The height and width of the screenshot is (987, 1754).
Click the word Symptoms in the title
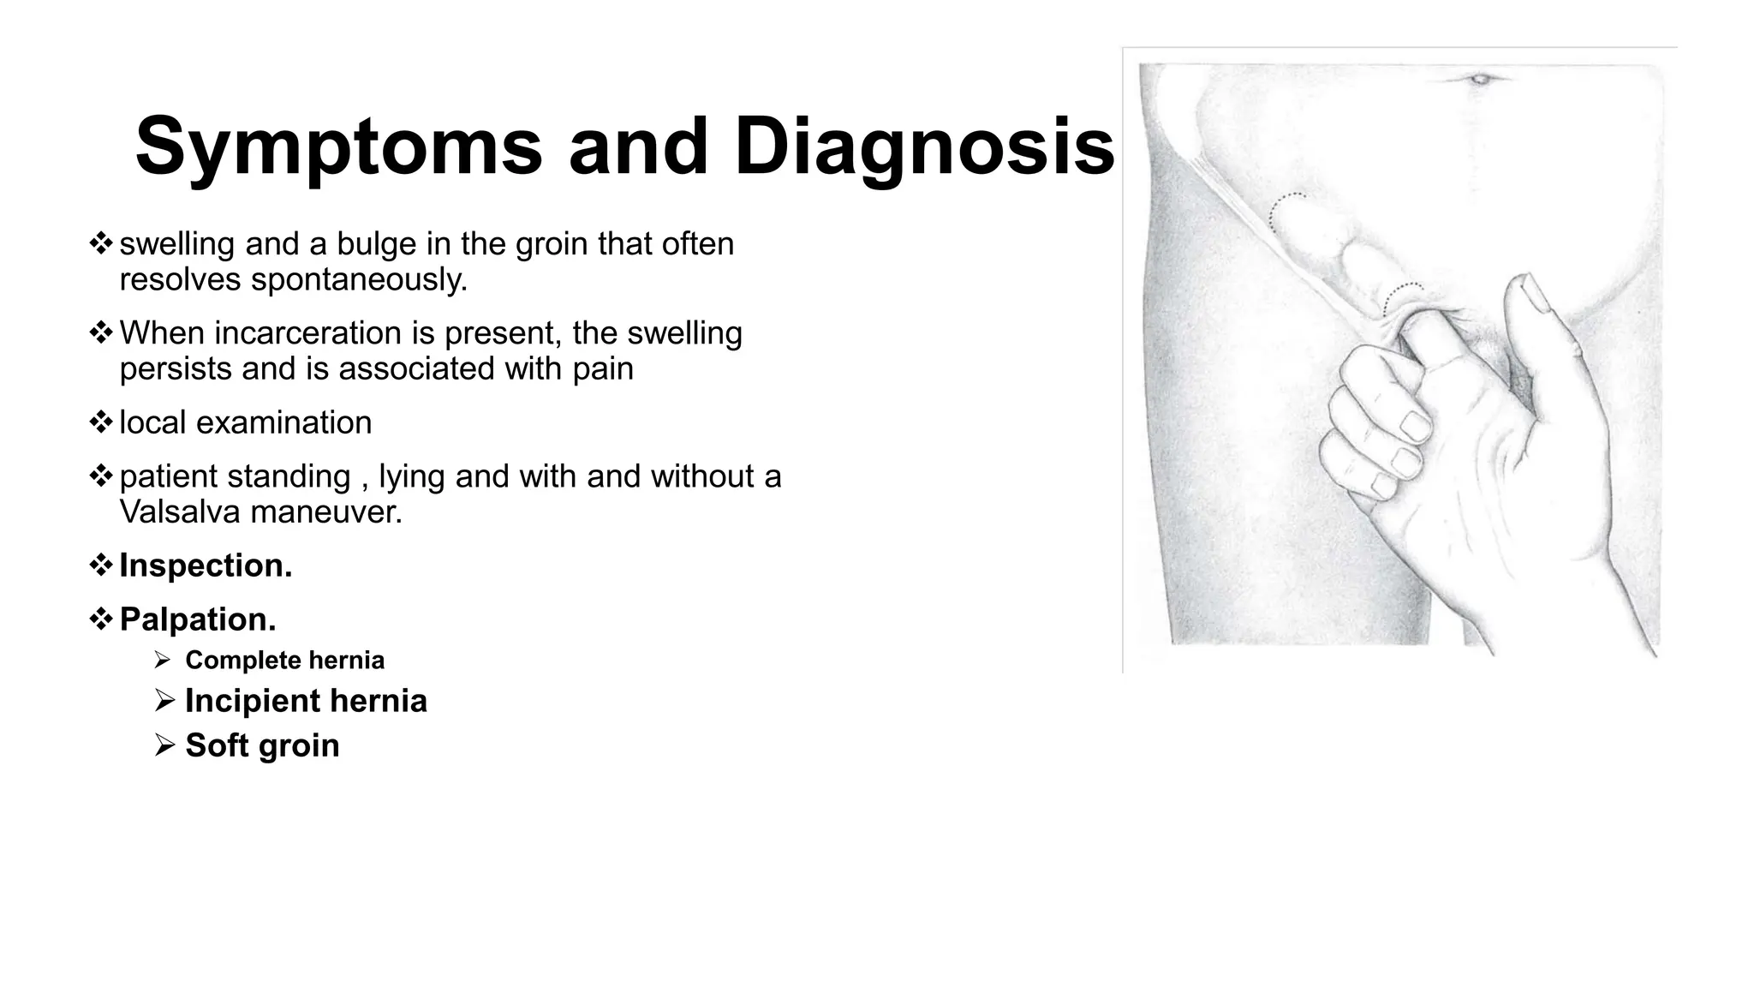point(338,147)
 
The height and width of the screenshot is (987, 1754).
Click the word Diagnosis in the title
point(923,147)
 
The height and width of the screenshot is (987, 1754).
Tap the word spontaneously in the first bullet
point(359,280)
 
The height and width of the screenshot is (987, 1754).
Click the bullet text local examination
point(245,423)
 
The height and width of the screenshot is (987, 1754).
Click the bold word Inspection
point(206,565)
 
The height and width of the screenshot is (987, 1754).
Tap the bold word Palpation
point(198,619)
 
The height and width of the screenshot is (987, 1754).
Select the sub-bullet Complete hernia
point(284,661)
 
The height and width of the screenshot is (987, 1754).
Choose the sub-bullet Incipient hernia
point(306,701)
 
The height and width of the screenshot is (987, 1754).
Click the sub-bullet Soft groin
point(262,745)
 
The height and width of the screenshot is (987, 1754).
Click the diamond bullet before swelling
point(101,244)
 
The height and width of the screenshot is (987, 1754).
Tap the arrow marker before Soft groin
point(164,745)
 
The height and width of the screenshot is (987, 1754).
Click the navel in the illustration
point(1480,81)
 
